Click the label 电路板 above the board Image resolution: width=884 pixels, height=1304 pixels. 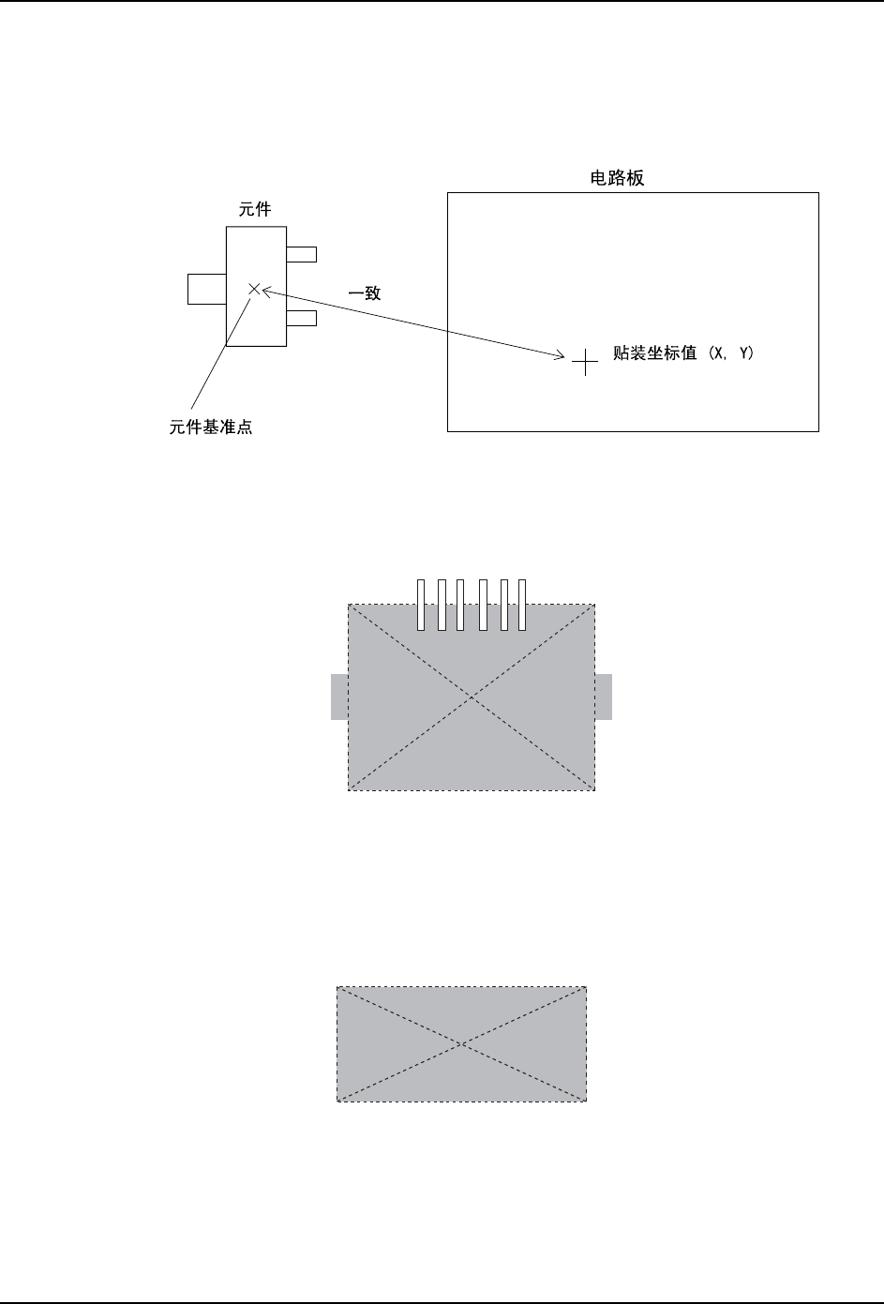622,179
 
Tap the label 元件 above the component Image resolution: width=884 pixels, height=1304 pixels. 256,210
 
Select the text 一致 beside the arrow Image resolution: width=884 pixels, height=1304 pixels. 366,293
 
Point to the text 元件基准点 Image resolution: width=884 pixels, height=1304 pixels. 211,428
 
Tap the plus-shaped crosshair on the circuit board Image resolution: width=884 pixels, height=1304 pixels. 585,361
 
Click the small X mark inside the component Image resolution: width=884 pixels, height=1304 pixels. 253,290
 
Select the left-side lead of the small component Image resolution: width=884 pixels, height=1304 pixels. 206,289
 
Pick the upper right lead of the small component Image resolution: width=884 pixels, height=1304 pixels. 301,254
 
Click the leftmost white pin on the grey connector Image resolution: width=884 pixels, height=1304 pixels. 422,605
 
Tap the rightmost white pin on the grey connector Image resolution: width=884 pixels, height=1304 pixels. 522,605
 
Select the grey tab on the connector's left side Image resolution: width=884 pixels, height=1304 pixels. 339,697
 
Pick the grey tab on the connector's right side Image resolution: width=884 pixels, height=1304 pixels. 604,697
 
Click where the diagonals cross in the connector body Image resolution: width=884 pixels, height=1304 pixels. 472,697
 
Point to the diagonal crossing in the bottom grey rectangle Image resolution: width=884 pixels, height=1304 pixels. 462,1043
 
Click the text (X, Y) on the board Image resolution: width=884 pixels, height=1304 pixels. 733,353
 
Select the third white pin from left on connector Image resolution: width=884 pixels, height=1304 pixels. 461,605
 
